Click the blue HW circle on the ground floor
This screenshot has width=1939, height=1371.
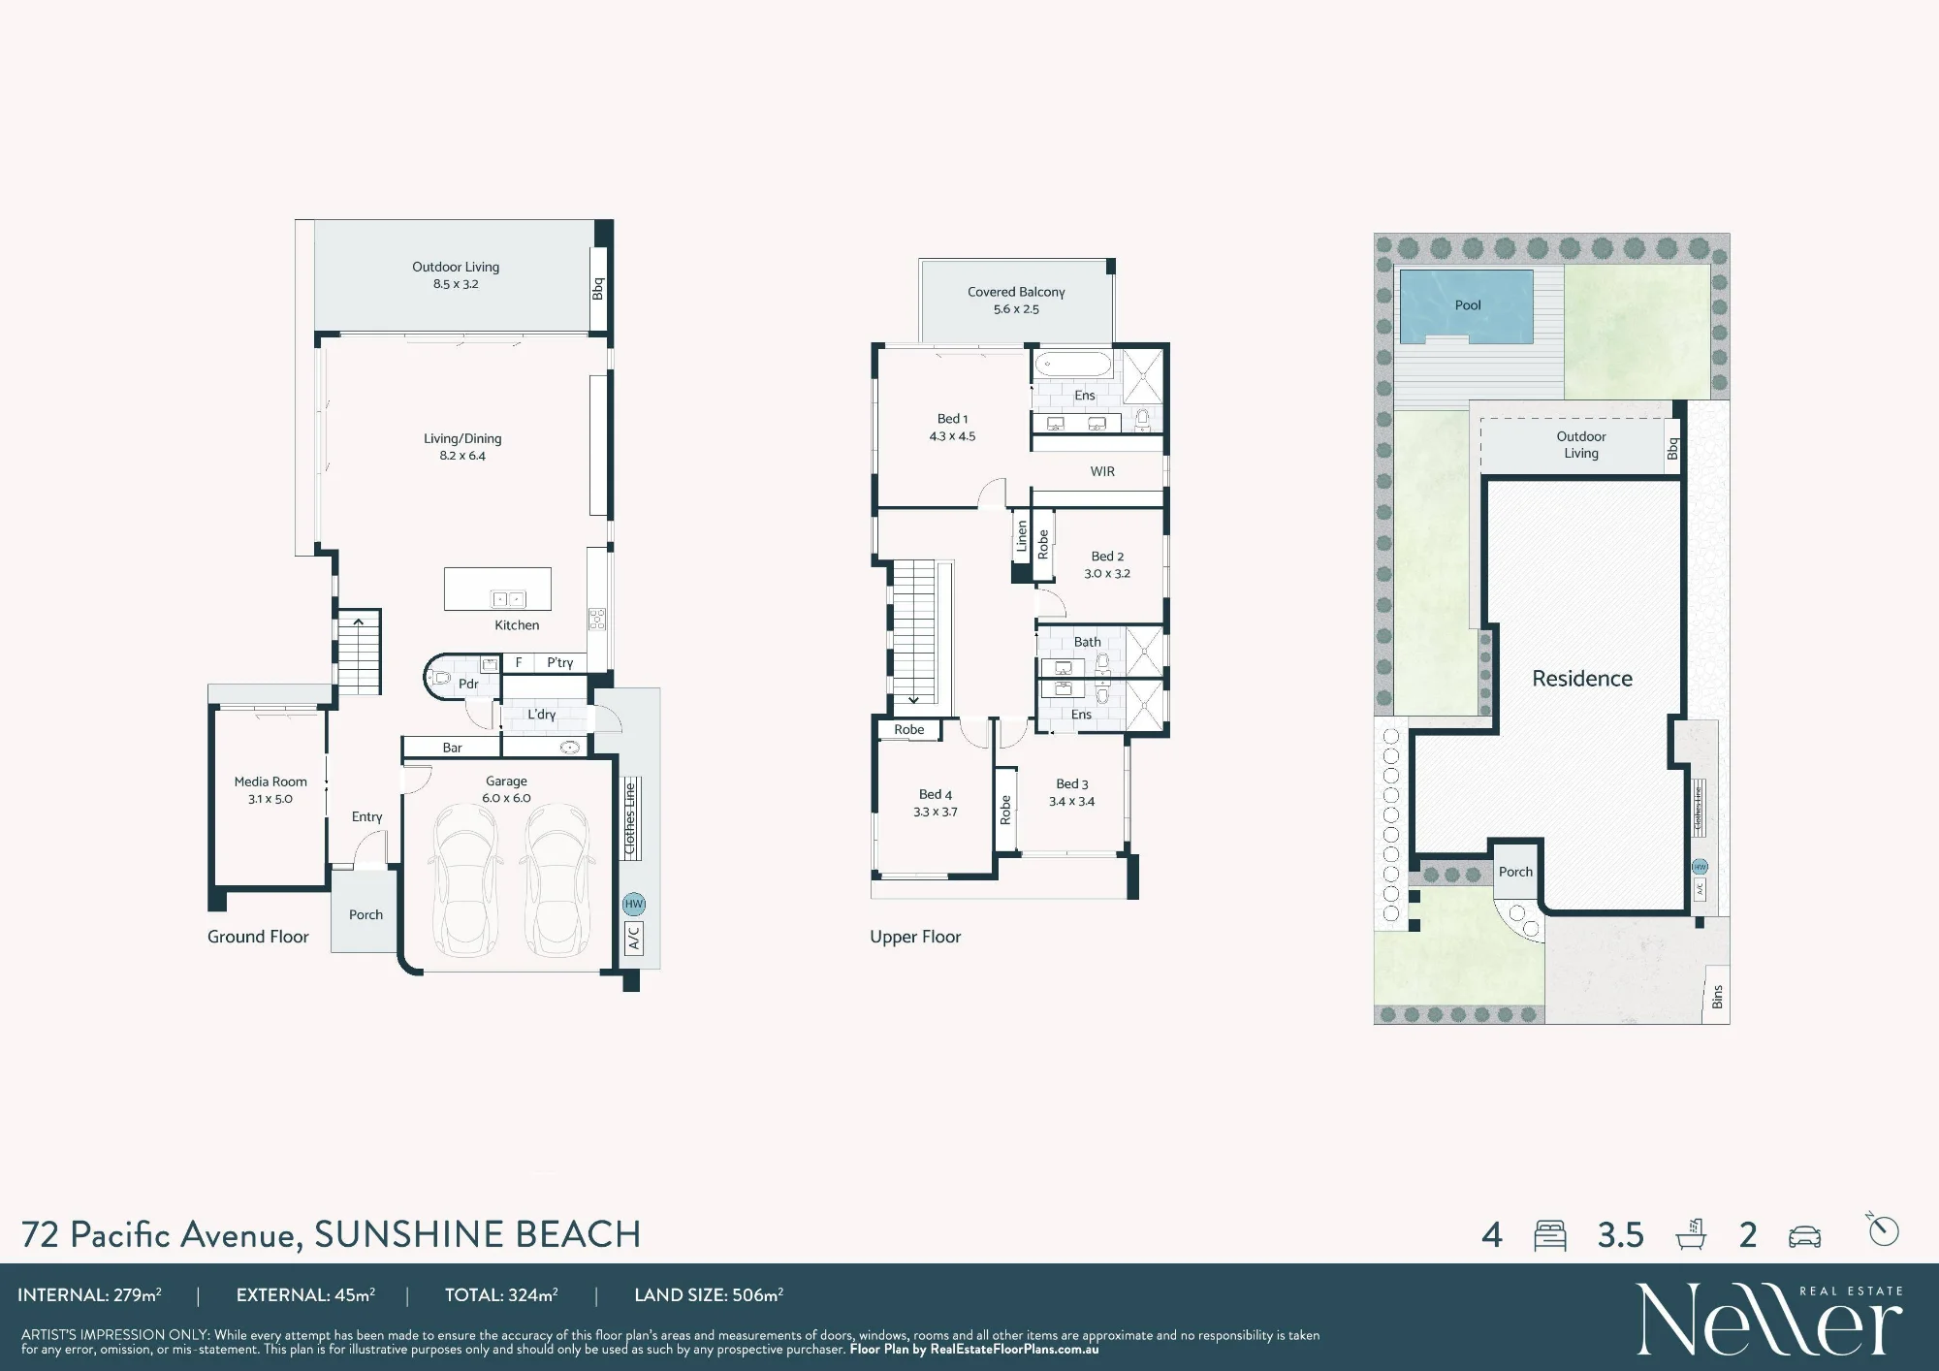[634, 904]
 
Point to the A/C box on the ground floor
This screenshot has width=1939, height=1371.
[634, 938]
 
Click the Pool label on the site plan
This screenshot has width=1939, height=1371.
[1468, 304]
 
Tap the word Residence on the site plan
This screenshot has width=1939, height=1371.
[1582, 679]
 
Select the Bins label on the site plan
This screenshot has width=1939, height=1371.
[1717, 997]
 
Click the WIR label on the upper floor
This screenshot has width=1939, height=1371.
[1102, 471]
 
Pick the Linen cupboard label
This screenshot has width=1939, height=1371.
[1021, 536]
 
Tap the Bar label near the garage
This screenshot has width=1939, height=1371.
[453, 748]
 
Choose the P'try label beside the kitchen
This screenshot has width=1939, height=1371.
[560, 662]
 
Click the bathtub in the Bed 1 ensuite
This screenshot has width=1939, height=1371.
[1073, 365]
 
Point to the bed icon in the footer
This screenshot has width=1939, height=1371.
[1550, 1235]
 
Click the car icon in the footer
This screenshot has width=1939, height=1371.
[1804, 1236]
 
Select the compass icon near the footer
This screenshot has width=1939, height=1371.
[1883, 1229]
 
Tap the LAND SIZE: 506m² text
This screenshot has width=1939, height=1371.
[709, 1294]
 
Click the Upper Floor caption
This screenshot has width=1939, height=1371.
[915, 937]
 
